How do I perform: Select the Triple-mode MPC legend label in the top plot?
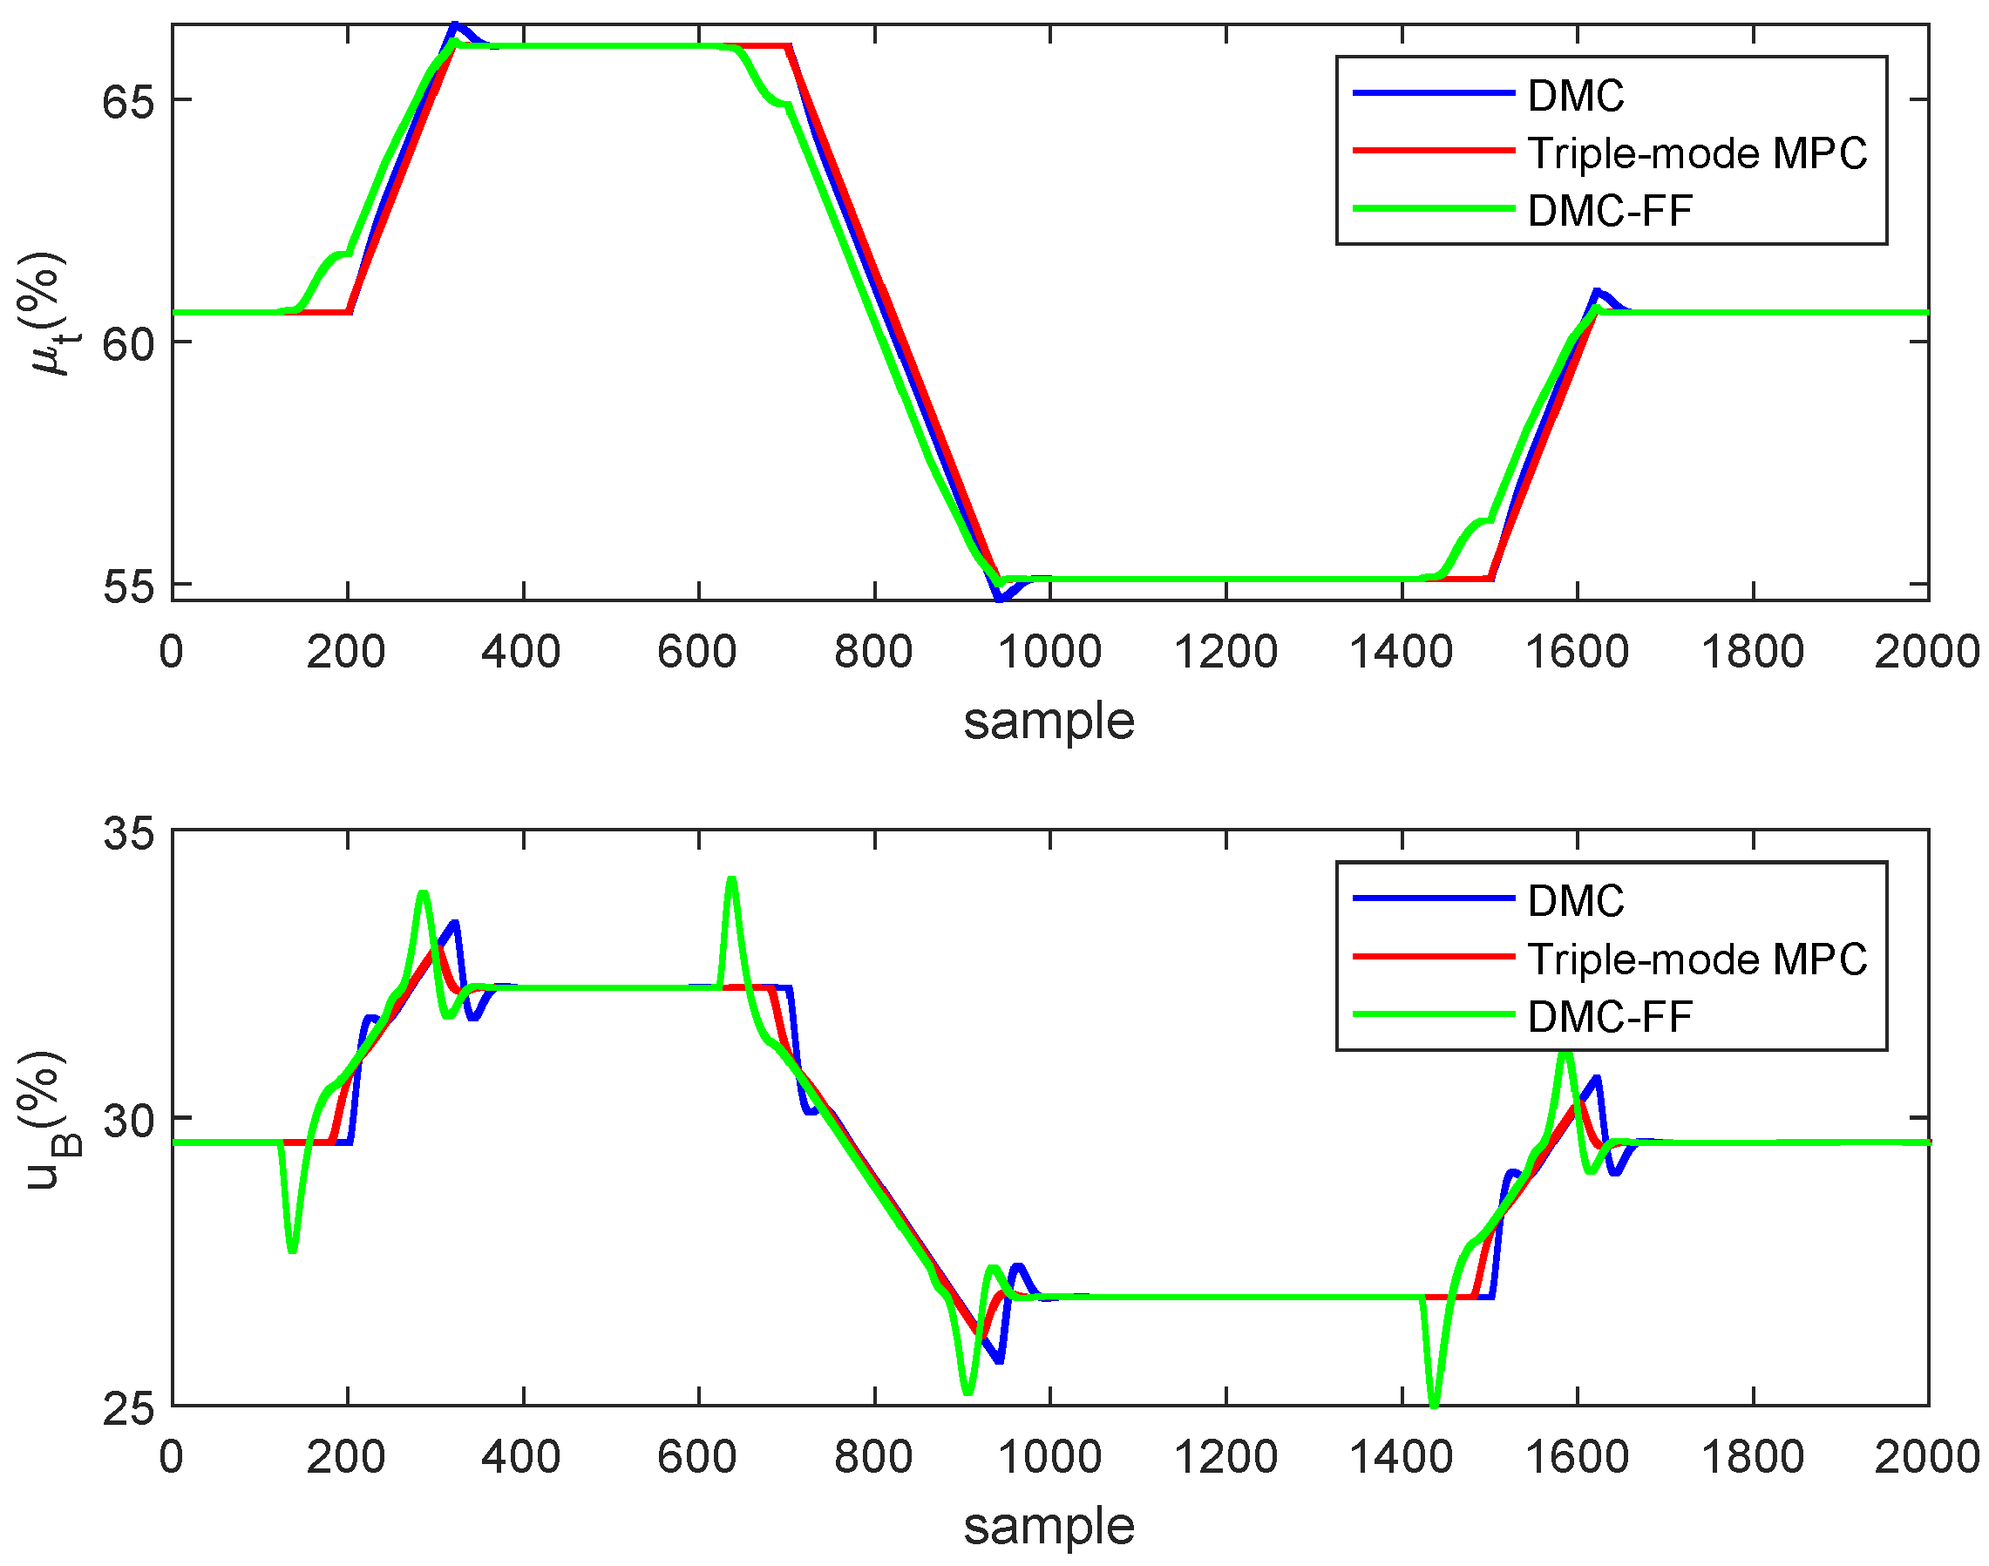pyautogui.click(x=1696, y=153)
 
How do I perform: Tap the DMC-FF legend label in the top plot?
pyautogui.click(x=1609, y=211)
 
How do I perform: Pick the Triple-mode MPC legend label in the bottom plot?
pyautogui.click(x=1696, y=959)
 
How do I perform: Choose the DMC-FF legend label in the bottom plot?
pyautogui.click(x=1609, y=1017)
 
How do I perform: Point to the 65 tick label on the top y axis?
pyautogui.click(x=127, y=101)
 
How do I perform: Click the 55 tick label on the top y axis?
pyautogui.click(x=127, y=586)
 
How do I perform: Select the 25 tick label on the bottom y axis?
pyautogui.click(x=127, y=1408)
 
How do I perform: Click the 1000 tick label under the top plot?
pyautogui.click(x=1049, y=652)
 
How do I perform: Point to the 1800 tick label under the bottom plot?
pyautogui.click(x=1753, y=1457)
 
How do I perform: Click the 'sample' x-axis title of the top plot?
pyautogui.click(x=1049, y=721)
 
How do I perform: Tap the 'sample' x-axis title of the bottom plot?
pyautogui.click(x=1049, y=1526)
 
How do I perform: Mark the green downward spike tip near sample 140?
pyautogui.click(x=292, y=1251)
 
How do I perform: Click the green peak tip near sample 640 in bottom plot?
pyautogui.click(x=731, y=879)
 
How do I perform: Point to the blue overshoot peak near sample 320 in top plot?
pyautogui.click(x=454, y=25)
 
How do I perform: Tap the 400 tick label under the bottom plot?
pyautogui.click(x=522, y=1457)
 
